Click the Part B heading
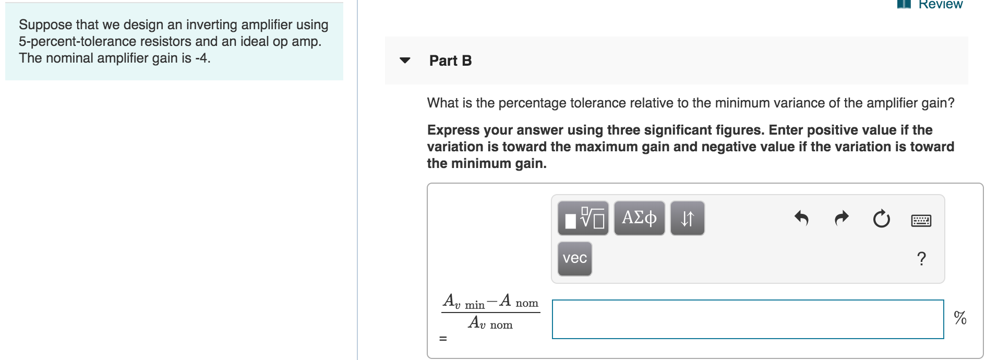pos(450,61)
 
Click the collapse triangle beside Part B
pos(404,61)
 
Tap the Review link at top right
pos(940,5)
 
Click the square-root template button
pos(583,218)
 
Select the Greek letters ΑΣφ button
pos(639,218)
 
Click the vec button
pos(574,258)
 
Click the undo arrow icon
pos(801,218)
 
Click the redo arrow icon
pos(841,218)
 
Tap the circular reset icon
pos(881,219)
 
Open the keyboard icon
pos(921,220)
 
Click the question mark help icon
pos(921,258)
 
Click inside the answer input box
pos(748,319)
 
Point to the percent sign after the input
pos(960,318)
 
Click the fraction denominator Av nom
pos(490,323)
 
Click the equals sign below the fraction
pos(443,339)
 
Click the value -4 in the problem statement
pos(201,58)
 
